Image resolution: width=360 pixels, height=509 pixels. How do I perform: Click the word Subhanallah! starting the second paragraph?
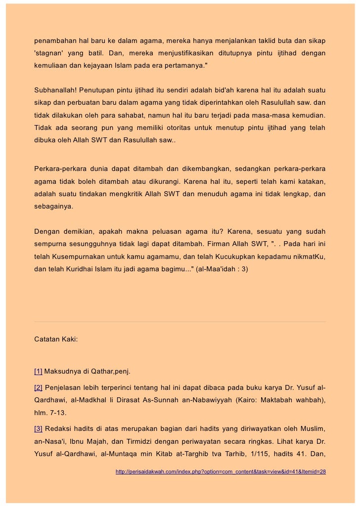pyautogui.click(x=54, y=91)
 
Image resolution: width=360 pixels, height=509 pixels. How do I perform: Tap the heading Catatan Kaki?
pyautogui.click(x=55, y=340)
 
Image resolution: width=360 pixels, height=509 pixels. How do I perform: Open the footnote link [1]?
pyautogui.click(x=38, y=371)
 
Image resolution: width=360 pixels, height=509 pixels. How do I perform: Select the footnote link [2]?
pyautogui.click(x=38, y=386)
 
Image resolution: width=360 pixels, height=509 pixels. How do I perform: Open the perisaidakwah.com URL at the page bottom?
pyautogui.click(x=221, y=472)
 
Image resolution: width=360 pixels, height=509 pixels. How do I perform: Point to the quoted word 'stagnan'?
pyautogui.click(x=48, y=52)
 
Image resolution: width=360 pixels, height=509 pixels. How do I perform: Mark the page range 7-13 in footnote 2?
pyautogui.click(x=61, y=412)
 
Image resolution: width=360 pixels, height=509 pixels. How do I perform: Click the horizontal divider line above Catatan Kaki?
pyautogui.click(x=180, y=322)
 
